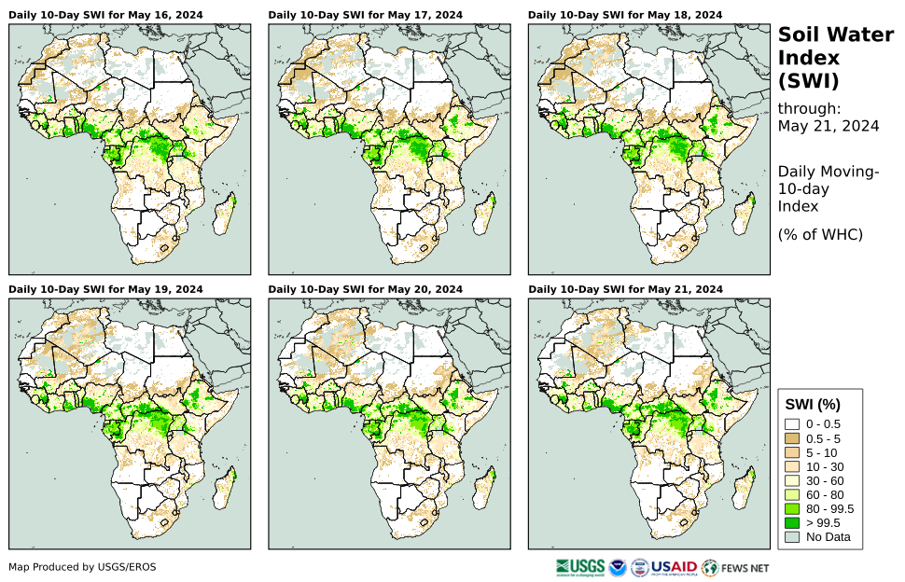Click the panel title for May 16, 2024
tap(105, 15)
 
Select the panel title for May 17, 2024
tap(365, 15)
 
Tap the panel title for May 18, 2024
tap(625, 15)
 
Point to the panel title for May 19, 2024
tap(105, 289)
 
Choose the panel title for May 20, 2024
tap(365, 289)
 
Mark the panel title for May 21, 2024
tap(625, 289)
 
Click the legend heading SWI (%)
tap(813, 404)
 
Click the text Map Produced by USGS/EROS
tap(82, 567)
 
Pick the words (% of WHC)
tap(820, 234)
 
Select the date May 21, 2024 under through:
tap(828, 127)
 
